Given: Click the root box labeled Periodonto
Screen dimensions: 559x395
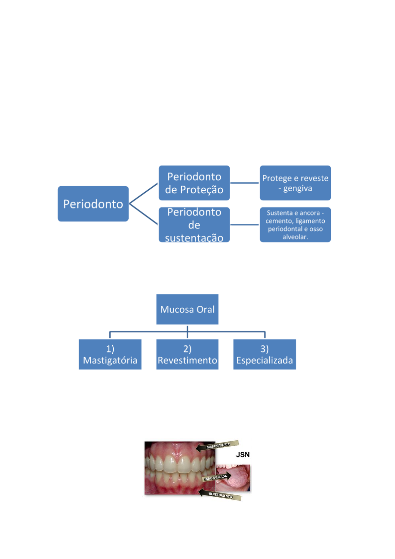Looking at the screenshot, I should (x=93, y=204).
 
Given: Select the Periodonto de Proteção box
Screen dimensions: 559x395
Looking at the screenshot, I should (x=194, y=183).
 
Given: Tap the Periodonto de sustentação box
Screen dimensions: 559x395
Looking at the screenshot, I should (x=194, y=225).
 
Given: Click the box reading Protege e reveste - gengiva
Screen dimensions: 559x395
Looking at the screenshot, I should (x=295, y=183).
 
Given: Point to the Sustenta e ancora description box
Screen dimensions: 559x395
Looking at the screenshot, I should (x=295, y=225).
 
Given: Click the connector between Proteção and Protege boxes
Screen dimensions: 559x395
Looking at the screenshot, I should (x=245, y=183).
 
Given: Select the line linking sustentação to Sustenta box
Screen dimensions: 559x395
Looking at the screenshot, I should (x=245, y=225).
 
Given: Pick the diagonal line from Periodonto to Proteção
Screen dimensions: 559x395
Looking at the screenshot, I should (x=143, y=193).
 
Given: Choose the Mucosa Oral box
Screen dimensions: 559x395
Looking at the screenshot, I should (x=187, y=309).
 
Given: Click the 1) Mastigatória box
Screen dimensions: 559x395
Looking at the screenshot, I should (x=110, y=354).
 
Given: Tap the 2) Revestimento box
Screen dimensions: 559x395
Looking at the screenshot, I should (x=187, y=354).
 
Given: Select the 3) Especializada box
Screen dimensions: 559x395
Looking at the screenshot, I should (x=264, y=354).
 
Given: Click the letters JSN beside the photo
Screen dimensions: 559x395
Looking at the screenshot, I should (x=243, y=455).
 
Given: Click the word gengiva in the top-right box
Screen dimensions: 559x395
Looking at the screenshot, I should (x=298, y=188).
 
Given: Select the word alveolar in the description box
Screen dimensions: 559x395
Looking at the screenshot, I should (x=295, y=237).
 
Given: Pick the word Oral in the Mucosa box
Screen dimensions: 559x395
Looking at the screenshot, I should (x=205, y=309).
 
